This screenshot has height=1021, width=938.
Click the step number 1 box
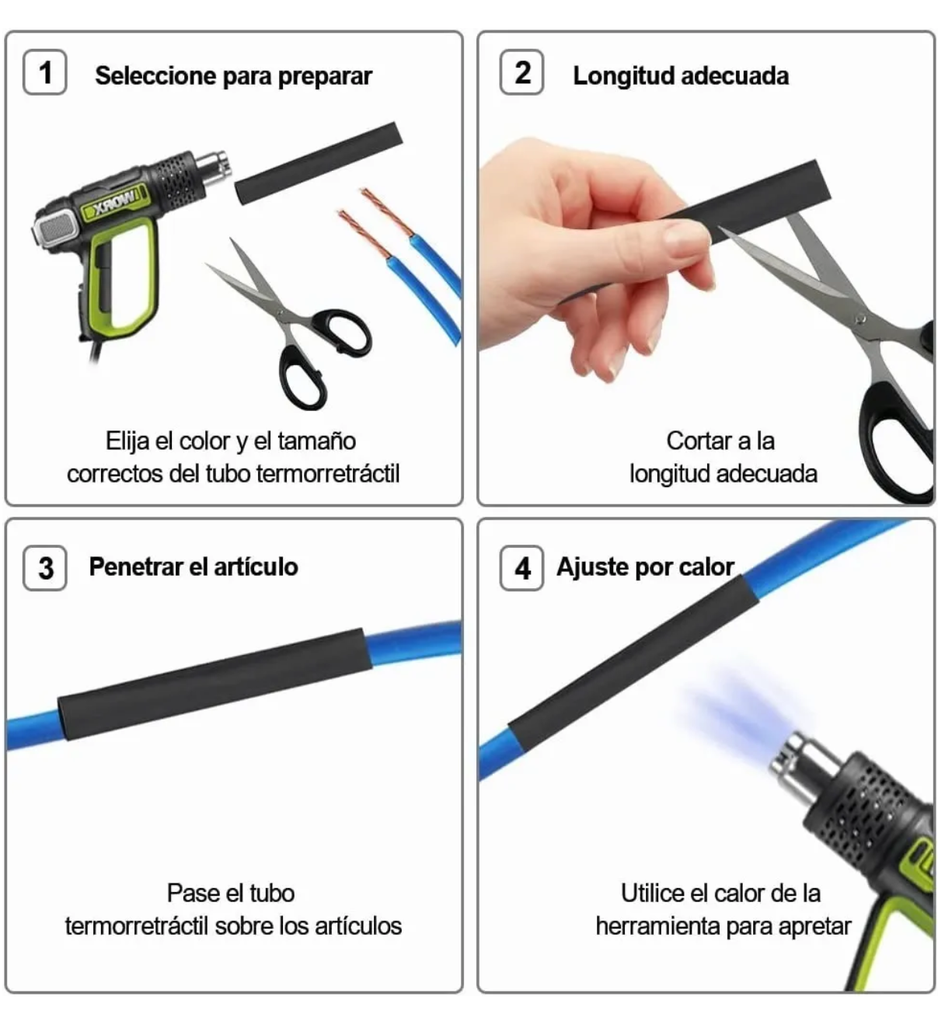(45, 71)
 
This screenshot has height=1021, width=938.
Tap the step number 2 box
(521, 71)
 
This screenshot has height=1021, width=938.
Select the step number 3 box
(45, 568)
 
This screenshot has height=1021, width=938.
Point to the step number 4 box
(521, 568)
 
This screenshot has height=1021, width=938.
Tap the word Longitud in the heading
(622, 76)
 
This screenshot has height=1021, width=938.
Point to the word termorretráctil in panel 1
(327, 473)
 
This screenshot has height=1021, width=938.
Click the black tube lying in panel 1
(319, 163)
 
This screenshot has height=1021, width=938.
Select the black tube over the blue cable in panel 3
(214, 684)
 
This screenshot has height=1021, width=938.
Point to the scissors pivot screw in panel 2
(860, 319)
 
